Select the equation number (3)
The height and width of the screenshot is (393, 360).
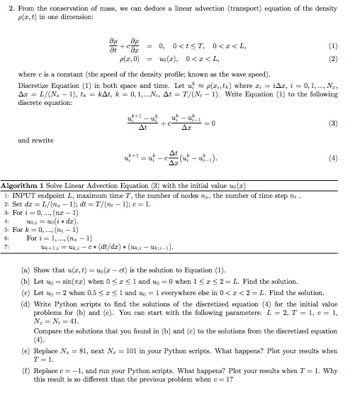pyautogui.click(x=343, y=122)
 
